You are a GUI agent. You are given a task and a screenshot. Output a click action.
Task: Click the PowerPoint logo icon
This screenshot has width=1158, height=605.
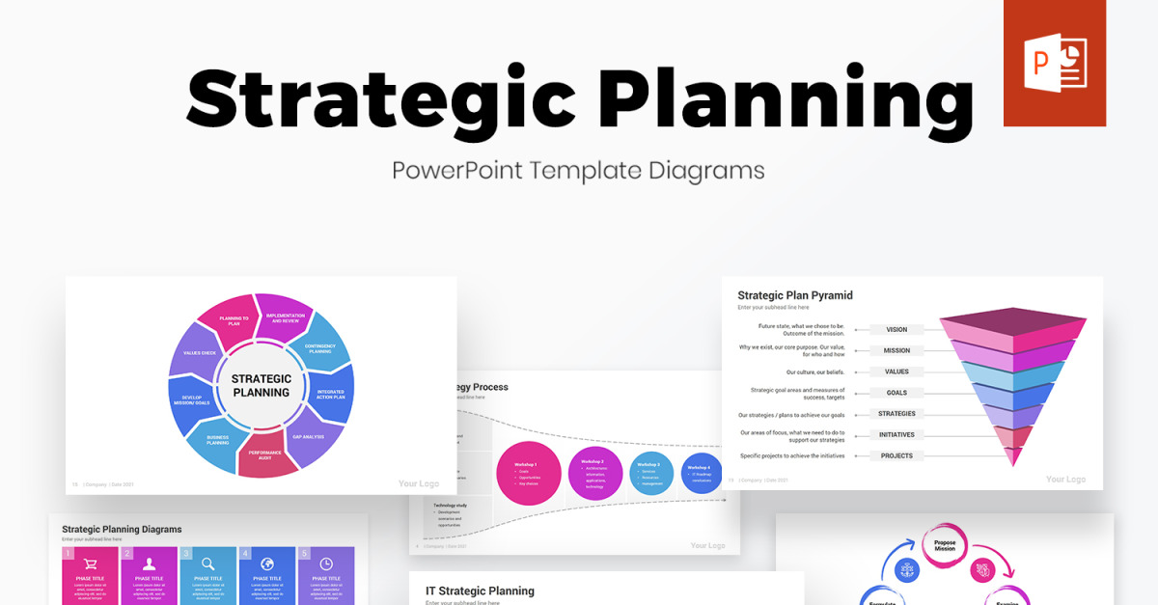(x=1054, y=64)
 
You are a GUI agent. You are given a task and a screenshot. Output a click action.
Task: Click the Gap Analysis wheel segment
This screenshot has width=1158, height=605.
(x=308, y=436)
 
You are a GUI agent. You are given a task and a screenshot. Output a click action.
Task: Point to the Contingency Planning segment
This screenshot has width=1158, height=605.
(x=319, y=348)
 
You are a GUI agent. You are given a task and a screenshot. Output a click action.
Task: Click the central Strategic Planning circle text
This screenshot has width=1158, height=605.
(x=262, y=386)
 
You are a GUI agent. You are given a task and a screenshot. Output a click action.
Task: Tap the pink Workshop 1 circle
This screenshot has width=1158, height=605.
(x=529, y=474)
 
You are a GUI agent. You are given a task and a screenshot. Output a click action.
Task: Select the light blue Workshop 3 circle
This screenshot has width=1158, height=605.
(x=651, y=474)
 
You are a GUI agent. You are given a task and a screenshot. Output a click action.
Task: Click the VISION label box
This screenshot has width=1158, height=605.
(x=896, y=330)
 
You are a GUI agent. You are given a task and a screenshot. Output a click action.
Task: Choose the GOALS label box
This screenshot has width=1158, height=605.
(x=896, y=393)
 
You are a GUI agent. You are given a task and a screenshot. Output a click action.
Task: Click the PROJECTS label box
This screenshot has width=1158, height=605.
(x=896, y=455)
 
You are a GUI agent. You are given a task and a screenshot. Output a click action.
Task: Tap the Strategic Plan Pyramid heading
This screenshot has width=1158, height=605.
(x=794, y=295)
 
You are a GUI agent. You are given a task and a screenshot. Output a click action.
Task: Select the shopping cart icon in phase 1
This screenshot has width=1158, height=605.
(x=90, y=564)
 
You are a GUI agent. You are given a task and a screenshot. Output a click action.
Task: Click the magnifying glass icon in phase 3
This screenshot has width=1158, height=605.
(x=207, y=564)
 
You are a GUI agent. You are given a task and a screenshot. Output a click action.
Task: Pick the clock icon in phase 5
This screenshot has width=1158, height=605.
(x=326, y=564)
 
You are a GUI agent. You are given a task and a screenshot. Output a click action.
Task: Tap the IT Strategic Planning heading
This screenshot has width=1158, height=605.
(x=480, y=591)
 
